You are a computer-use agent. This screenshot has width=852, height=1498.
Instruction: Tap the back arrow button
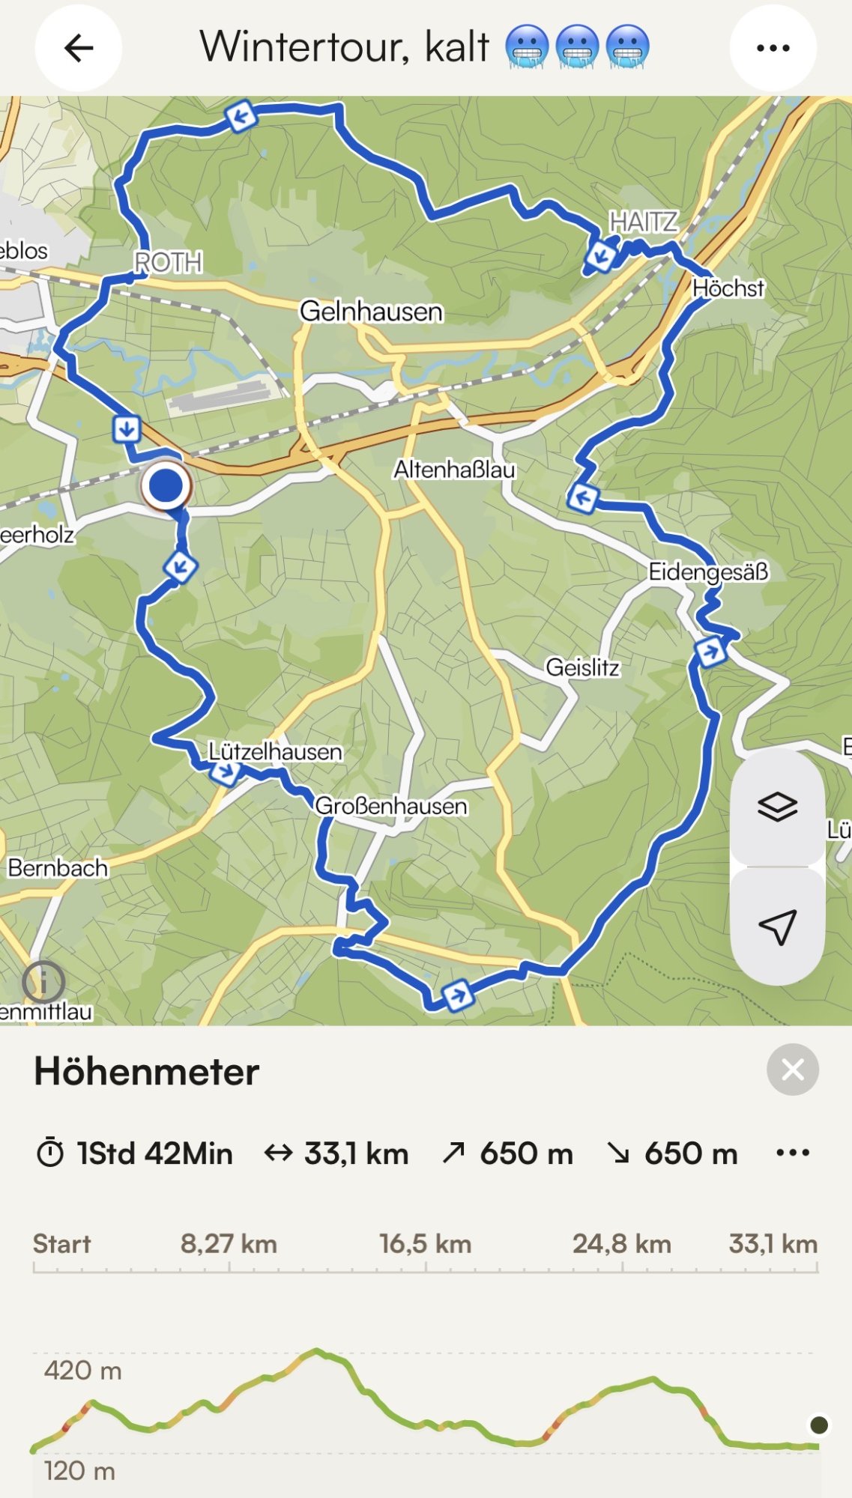point(79,49)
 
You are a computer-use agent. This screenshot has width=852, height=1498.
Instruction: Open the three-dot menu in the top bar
point(773,49)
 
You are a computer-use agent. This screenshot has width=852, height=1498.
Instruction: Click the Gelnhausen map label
point(371,311)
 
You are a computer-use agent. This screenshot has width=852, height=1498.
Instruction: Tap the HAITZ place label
point(643,222)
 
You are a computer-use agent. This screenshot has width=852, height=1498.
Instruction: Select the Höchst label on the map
point(728,288)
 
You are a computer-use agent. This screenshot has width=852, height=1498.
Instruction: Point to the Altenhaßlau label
point(455,470)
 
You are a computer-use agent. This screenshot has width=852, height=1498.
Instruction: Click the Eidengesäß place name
point(708,571)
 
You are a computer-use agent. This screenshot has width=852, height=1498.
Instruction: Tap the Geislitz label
point(582,667)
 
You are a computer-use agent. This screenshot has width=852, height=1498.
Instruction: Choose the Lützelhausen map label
point(275,750)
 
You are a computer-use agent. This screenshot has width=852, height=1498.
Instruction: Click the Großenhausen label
point(390,806)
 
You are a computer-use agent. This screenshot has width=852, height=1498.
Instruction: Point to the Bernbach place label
point(58,867)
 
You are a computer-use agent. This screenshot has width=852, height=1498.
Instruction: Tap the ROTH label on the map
point(168,262)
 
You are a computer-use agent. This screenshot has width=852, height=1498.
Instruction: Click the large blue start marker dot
point(166,486)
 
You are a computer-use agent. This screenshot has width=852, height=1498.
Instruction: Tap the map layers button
point(777,807)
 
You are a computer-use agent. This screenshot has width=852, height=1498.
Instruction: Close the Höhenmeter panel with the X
point(792,1070)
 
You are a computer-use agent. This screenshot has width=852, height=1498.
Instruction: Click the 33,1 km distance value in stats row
point(356,1153)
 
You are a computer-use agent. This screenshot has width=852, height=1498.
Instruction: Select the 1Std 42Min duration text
point(154,1153)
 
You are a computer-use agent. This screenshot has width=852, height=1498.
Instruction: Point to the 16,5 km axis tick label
point(425,1244)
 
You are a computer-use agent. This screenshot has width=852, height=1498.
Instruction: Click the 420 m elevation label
point(82,1370)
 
